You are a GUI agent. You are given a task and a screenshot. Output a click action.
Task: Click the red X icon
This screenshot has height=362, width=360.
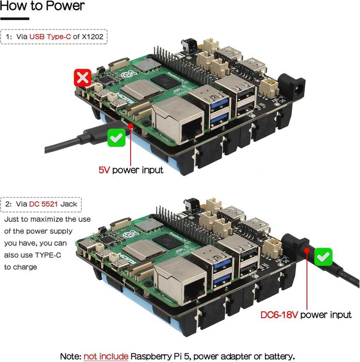[84, 78]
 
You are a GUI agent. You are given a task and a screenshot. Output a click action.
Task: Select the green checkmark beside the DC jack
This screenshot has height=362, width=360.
[324, 256]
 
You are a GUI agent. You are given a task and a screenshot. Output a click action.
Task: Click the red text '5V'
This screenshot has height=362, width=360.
[104, 170]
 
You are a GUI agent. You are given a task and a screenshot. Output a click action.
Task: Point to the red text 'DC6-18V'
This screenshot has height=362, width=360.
[279, 315]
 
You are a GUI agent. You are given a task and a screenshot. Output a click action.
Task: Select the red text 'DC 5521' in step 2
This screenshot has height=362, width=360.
[45, 204]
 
